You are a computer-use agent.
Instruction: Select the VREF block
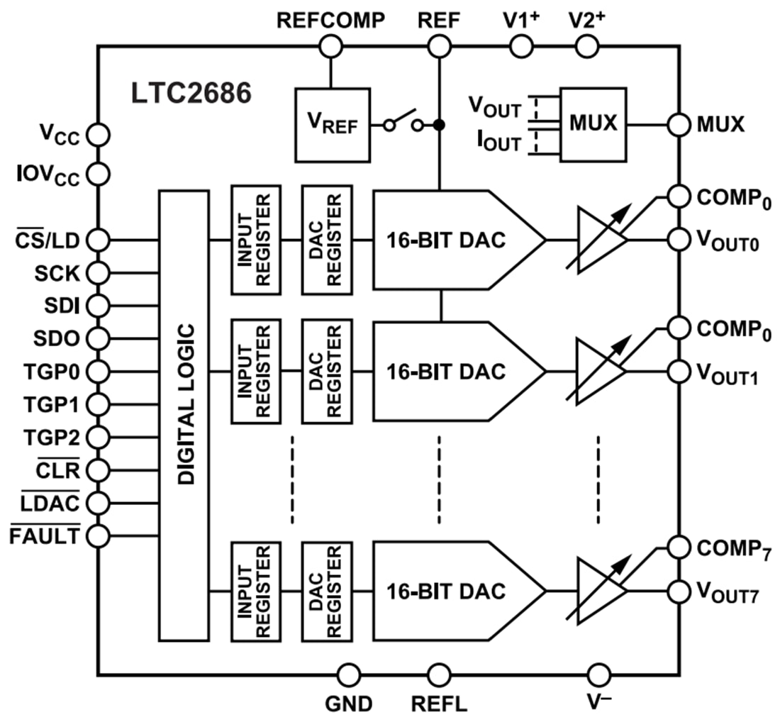click(x=333, y=124)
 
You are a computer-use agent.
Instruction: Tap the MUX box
click(x=593, y=123)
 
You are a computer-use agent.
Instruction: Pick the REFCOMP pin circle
click(x=330, y=47)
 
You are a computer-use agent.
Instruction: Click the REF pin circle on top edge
click(x=440, y=47)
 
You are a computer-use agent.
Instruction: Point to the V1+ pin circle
click(x=521, y=47)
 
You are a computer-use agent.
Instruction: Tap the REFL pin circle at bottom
click(x=440, y=674)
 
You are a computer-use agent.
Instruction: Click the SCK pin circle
click(x=98, y=273)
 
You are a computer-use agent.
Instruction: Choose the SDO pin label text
click(x=56, y=339)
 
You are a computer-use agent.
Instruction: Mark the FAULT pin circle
click(x=98, y=535)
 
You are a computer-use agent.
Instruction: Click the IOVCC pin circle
click(x=98, y=172)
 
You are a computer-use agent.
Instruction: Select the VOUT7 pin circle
click(x=679, y=591)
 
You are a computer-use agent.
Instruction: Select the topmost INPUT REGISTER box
click(x=255, y=240)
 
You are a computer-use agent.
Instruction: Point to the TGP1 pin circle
click(x=98, y=404)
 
